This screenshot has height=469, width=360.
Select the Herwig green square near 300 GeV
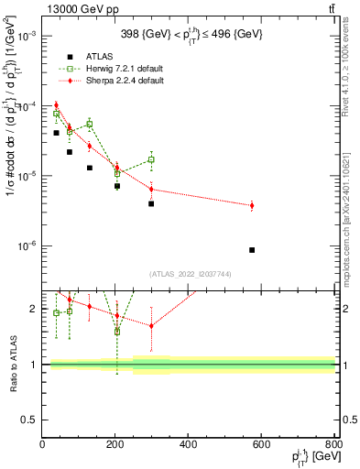(151, 159)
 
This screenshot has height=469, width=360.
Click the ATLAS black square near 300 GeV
(151, 203)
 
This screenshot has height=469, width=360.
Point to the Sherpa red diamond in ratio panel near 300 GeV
(151, 325)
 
